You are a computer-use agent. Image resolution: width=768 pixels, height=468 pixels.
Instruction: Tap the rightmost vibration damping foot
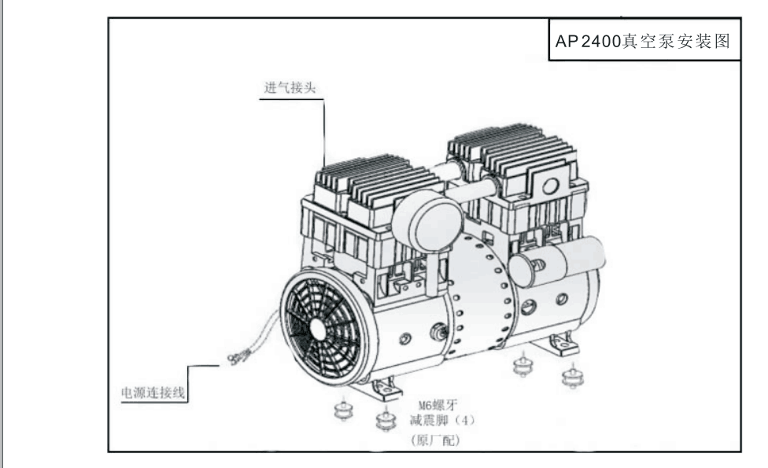(572, 377)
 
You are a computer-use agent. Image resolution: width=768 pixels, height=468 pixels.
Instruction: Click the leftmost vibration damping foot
(343, 412)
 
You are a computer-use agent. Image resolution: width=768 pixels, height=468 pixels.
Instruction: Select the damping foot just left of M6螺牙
(385, 422)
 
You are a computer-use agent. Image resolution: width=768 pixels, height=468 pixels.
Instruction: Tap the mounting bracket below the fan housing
(381, 389)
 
